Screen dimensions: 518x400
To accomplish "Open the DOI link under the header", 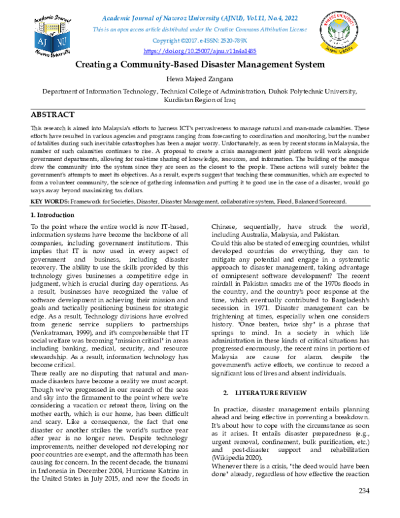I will [x=199, y=51].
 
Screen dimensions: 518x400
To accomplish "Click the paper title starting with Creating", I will [x=199, y=65].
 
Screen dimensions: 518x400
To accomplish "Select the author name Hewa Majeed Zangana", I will [x=199, y=79].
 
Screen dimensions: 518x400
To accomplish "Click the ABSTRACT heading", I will [x=53, y=114].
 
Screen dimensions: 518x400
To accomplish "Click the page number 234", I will [x=363, y=510].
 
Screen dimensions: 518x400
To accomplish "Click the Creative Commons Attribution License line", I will [x=199, y=29].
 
